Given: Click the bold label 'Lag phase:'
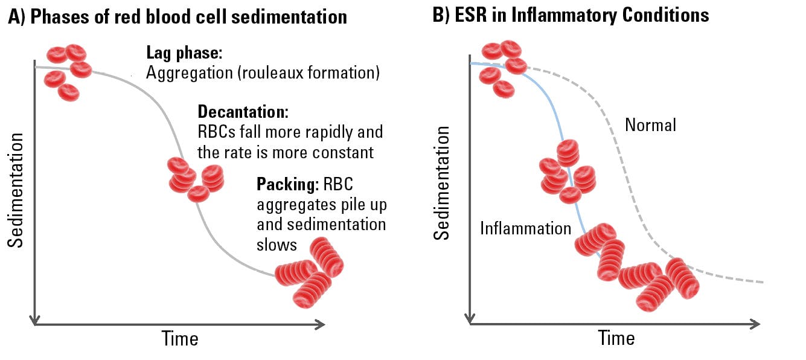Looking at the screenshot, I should [184, 53].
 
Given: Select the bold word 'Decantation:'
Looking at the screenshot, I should [243, 112].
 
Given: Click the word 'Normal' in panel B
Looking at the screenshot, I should [650, 125].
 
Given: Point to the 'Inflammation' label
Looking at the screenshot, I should [525, 228].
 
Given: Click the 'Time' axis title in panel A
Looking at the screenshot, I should [180, 338].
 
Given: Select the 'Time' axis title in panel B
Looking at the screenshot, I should [616, 338].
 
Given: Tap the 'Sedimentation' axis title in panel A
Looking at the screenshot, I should [16, 190].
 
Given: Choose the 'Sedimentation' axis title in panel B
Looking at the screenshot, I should [443, 183].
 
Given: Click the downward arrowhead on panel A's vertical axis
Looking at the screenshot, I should [36, 320].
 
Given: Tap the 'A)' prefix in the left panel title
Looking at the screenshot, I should [16, 16].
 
